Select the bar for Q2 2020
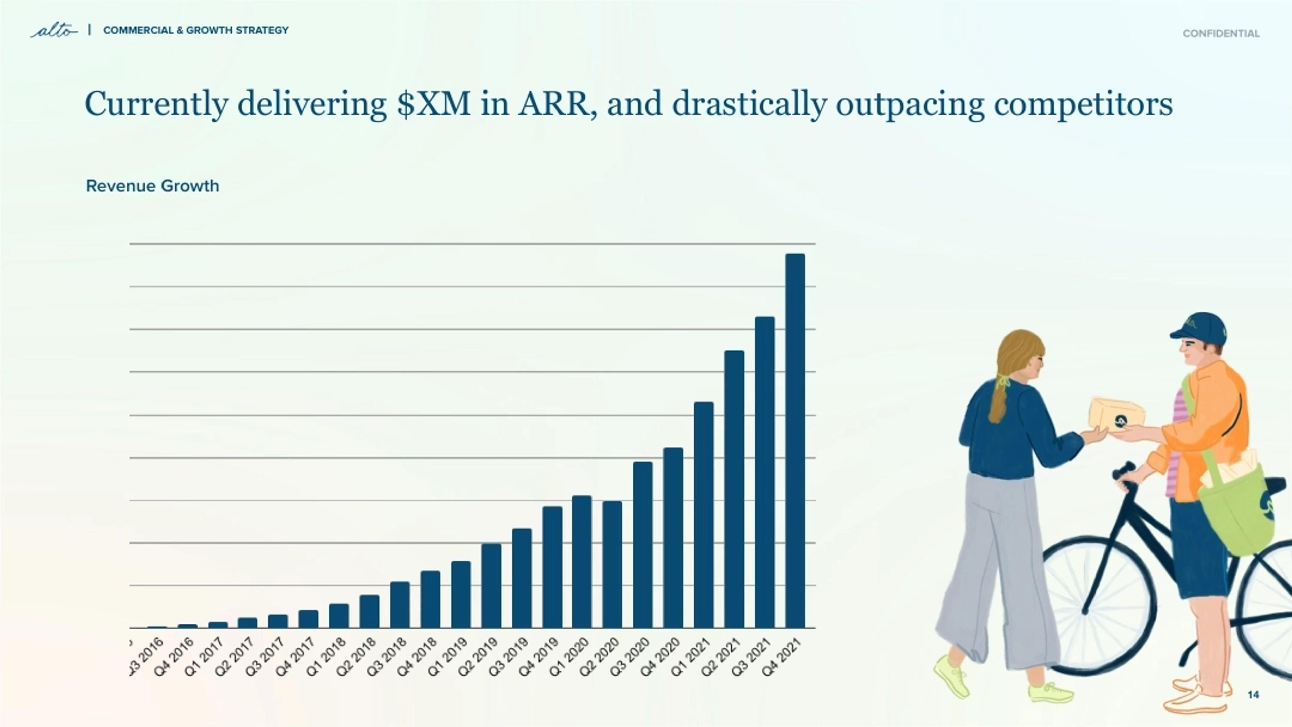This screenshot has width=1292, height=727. tap(612, 564)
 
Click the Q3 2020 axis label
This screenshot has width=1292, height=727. tap(631, 657)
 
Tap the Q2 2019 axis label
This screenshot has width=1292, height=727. tap(478, 657)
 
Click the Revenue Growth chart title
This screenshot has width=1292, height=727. tap(152, 186)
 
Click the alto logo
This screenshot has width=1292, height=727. tap(54, 31)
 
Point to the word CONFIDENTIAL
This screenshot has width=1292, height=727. tap(1221, 34)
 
